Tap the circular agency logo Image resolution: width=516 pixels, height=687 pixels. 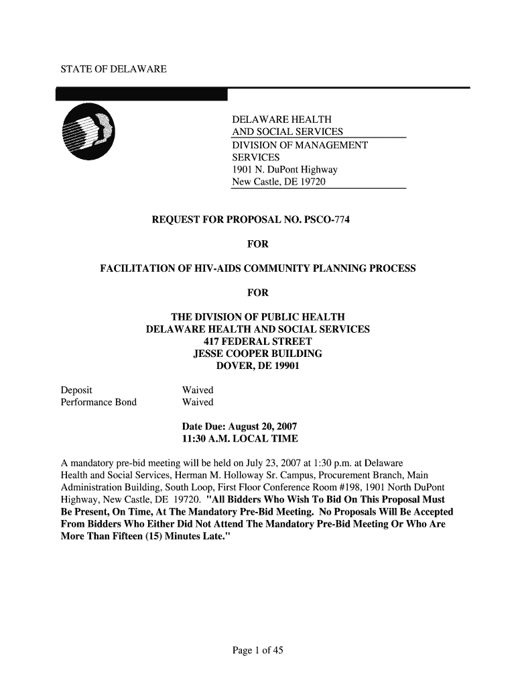pyautogui.click(x=86, y=132)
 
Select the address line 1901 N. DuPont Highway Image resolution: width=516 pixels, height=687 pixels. pyautogui.click(x=284, y=170)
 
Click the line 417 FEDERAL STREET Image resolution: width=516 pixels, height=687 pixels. pyautogui.click(x=257, y=341)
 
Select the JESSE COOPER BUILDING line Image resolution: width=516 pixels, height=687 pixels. pyautogui.click(x=257, y=354)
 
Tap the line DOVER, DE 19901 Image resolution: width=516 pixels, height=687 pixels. pyautogui.click(x=257, y=366)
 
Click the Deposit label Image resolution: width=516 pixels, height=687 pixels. pyautogui.click(x=76, y=390)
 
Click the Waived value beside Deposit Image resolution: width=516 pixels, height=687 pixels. pyautogui.click(x=198, y=390)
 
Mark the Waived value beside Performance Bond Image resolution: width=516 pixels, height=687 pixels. pyautogui.click(x=198, y=403)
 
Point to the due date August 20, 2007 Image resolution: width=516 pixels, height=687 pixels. pyautogui.click(x=263, y=427)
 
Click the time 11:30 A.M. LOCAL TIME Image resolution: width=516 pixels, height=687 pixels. pyautogui.click(x=240, y=439)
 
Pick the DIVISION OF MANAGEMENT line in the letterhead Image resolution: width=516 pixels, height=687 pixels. pyautogui.click(x=300, y=145)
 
